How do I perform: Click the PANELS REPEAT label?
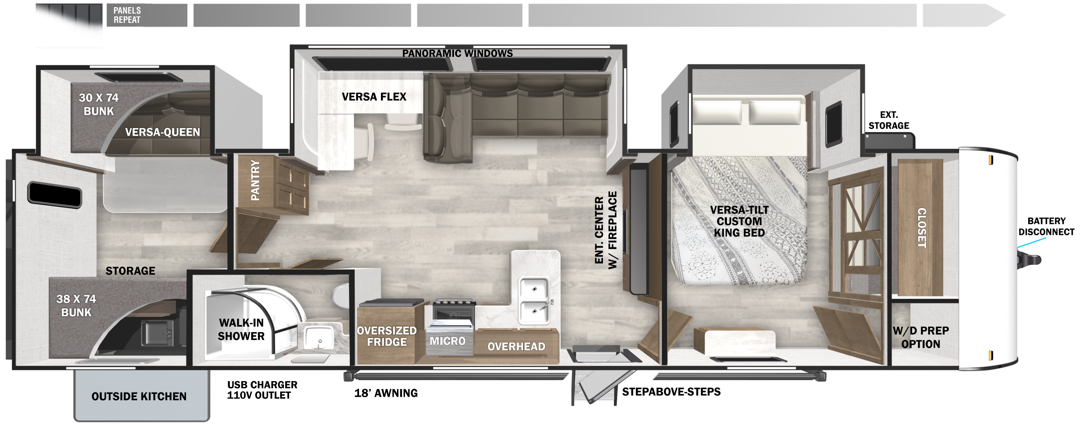coord(127,15)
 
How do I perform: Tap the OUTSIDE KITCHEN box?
coord(142,395)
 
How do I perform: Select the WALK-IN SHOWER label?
coord(241,329)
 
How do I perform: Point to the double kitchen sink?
coord(535,300)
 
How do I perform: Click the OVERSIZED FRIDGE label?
coord(387,336)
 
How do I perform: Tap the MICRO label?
coord(448,341)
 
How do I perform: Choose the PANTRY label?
coord(255,180)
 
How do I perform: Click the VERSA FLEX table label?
coord(374,97)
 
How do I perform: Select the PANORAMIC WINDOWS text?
coord(457,53)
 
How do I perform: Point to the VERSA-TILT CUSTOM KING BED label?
coord(739,221)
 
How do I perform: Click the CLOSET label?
coord(922,228)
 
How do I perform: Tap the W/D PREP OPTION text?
coord(921,337)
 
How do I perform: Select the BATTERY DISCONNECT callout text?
coord(1046,226)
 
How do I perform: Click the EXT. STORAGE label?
coord(888,120)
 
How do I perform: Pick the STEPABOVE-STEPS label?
coord(671,392)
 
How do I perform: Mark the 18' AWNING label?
coord(386,393)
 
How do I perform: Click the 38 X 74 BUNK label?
coord(76,306)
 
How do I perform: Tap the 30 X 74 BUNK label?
coord(99,104)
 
